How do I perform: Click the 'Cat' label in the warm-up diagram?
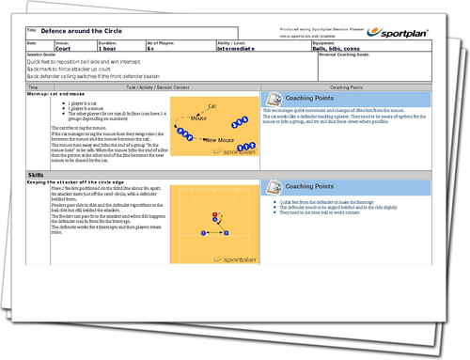pyautogui.click(x=212, y=107)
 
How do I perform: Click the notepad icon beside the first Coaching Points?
pyautogui.click(x=268, y=100)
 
